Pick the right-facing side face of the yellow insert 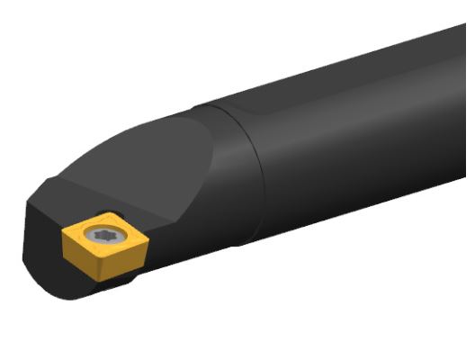[x=119, y=259]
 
